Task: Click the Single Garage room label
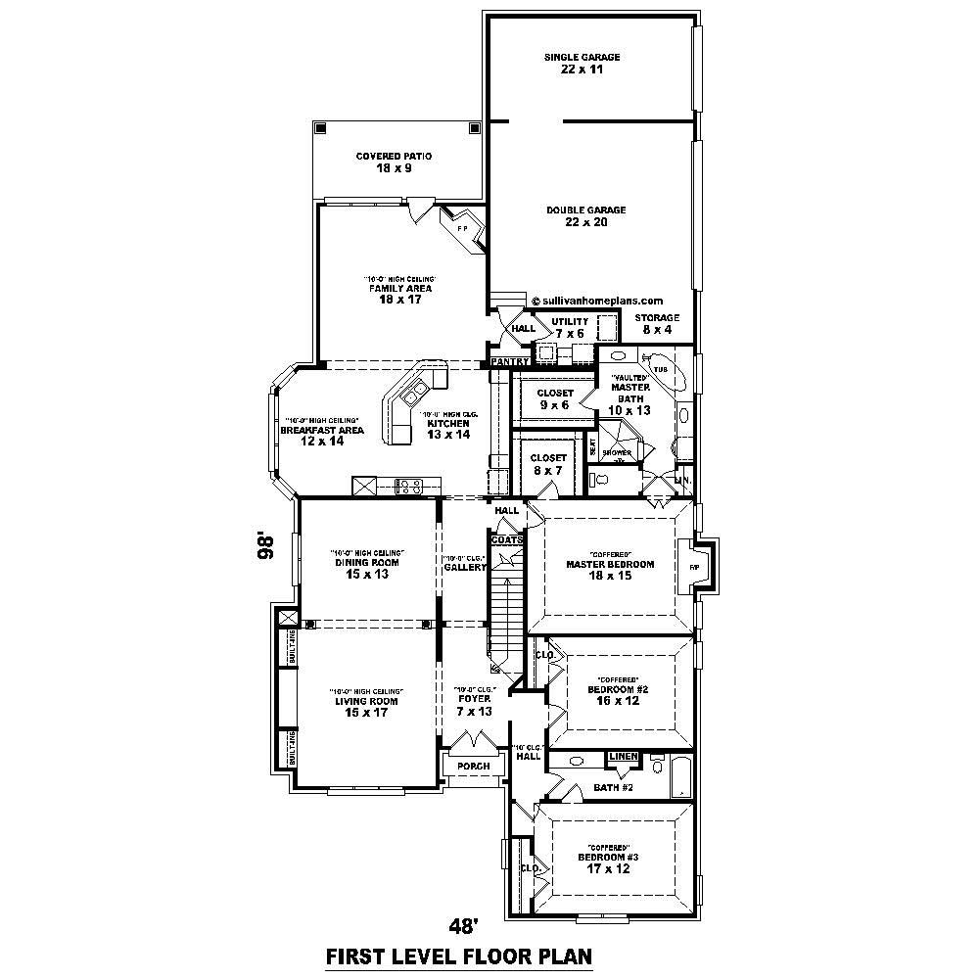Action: [x=582, y=64]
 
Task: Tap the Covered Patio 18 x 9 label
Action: [x=394, y=163]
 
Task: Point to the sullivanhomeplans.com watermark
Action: [x=597, y=302]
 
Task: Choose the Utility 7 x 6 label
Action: [x=569, y=327]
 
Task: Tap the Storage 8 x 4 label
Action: [x=656, y=324]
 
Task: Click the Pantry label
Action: [x=509, y=362]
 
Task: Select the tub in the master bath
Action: [x=664, y=373]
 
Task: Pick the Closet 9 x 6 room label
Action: [x=554, y=398]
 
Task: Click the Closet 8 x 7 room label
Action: [x=548, y=464]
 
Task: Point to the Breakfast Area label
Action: [x=322, y=436]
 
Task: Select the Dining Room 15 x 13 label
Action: [x=367, y=569]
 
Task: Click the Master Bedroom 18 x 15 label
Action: [x=609, y=570]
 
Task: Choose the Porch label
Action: [x=474, y=766]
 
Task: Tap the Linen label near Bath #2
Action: [x=624, y=757]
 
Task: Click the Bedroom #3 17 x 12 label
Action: [x=607, y=862]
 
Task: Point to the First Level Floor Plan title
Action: [x=459, y=955]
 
